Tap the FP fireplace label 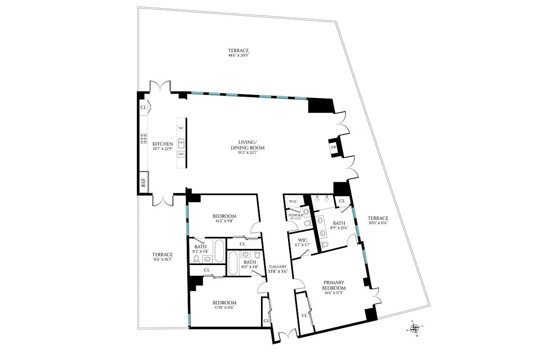coord(333,147)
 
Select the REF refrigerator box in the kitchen coord(144,183)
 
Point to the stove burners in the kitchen coord(144,139)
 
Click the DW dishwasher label coord(181,154)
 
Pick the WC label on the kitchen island coord(181,128)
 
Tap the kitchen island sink coord(181,143)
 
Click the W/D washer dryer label coord(292,201)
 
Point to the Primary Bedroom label coord(334,285)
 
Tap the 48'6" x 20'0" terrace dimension coord(238,56)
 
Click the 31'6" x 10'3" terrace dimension coord(162,259)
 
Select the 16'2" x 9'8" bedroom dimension coord(224,221)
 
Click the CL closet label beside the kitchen coord(143,107)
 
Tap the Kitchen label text coord(162,144)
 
